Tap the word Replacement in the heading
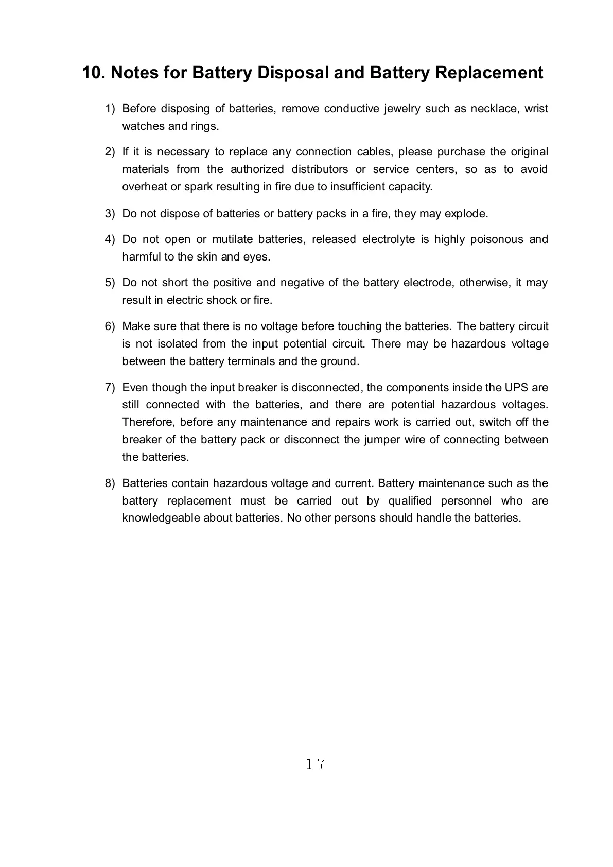pos(489,73)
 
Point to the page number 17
pos(315,764)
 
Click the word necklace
pos(494,109)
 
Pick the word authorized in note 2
pos(257,169)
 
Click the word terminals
pos(251,361)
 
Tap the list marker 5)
pos(110,283)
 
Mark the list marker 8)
pos(110,483)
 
